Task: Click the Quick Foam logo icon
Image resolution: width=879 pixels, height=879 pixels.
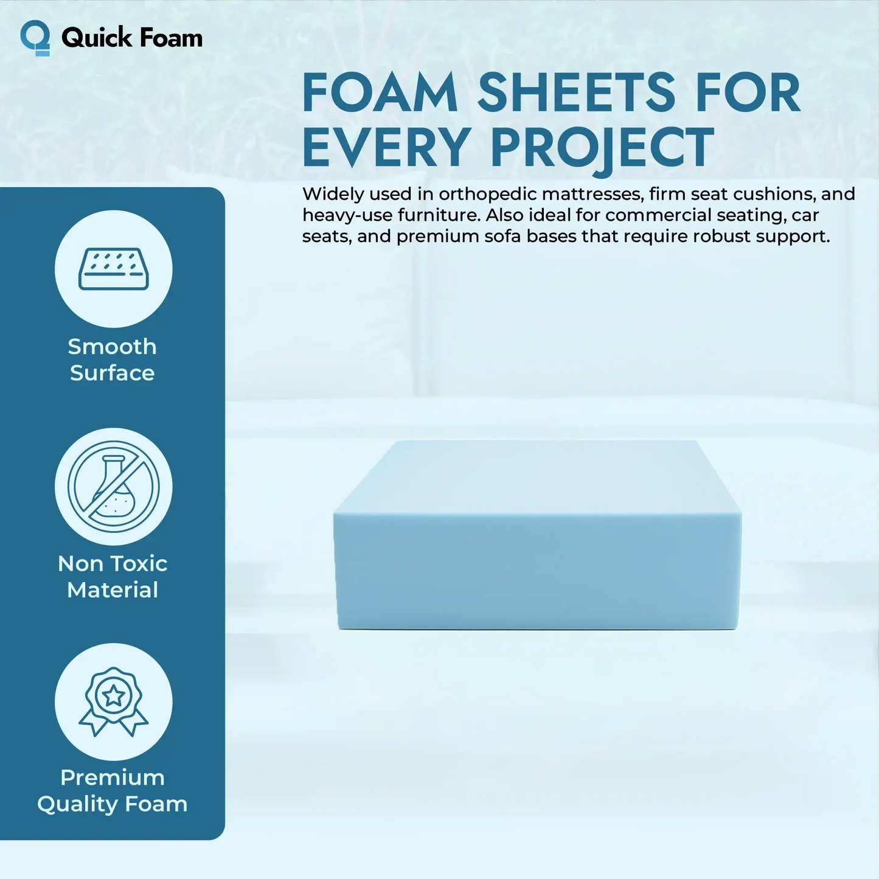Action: [x=35, y=38]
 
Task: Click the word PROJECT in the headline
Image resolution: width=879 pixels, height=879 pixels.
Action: [x=602, y=148]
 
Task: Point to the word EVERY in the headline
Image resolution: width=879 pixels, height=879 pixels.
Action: [x=386, y=148]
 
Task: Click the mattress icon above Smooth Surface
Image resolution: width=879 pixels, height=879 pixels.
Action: [x=114, y=269]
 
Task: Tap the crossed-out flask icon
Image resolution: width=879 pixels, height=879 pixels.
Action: [x=114, y=487]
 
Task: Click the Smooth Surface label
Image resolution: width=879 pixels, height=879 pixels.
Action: [x=113, y=360]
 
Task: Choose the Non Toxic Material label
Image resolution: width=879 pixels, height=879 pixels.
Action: [x=113, y=577]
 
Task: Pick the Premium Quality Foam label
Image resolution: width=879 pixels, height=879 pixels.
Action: [x=113, y=791]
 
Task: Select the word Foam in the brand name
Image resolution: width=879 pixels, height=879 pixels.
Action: [x=171, y=38]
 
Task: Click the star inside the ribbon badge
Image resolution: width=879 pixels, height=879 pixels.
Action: [x=114, y=695]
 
